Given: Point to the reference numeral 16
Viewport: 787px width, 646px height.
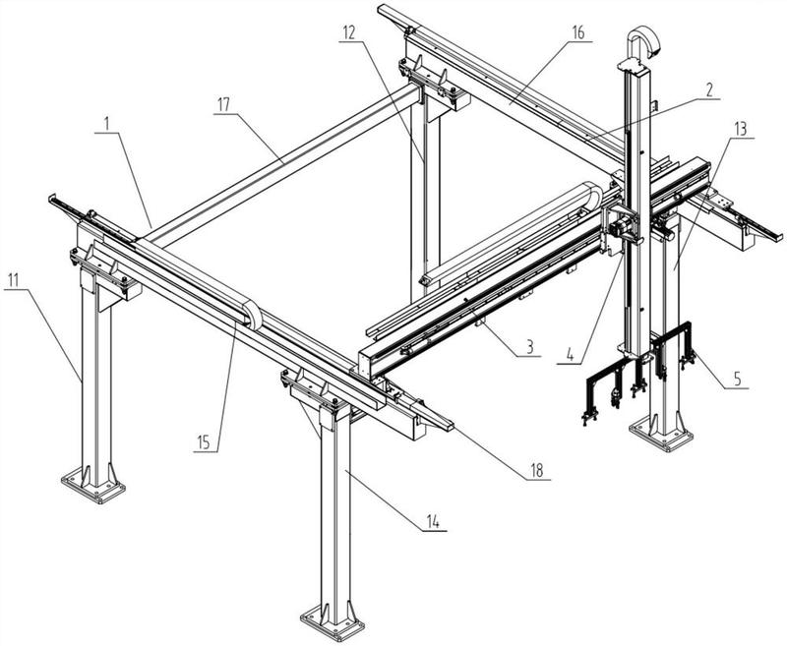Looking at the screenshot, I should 577,32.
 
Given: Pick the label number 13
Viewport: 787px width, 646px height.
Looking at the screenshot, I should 741,129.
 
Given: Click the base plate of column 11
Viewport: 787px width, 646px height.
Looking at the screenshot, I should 94,484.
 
